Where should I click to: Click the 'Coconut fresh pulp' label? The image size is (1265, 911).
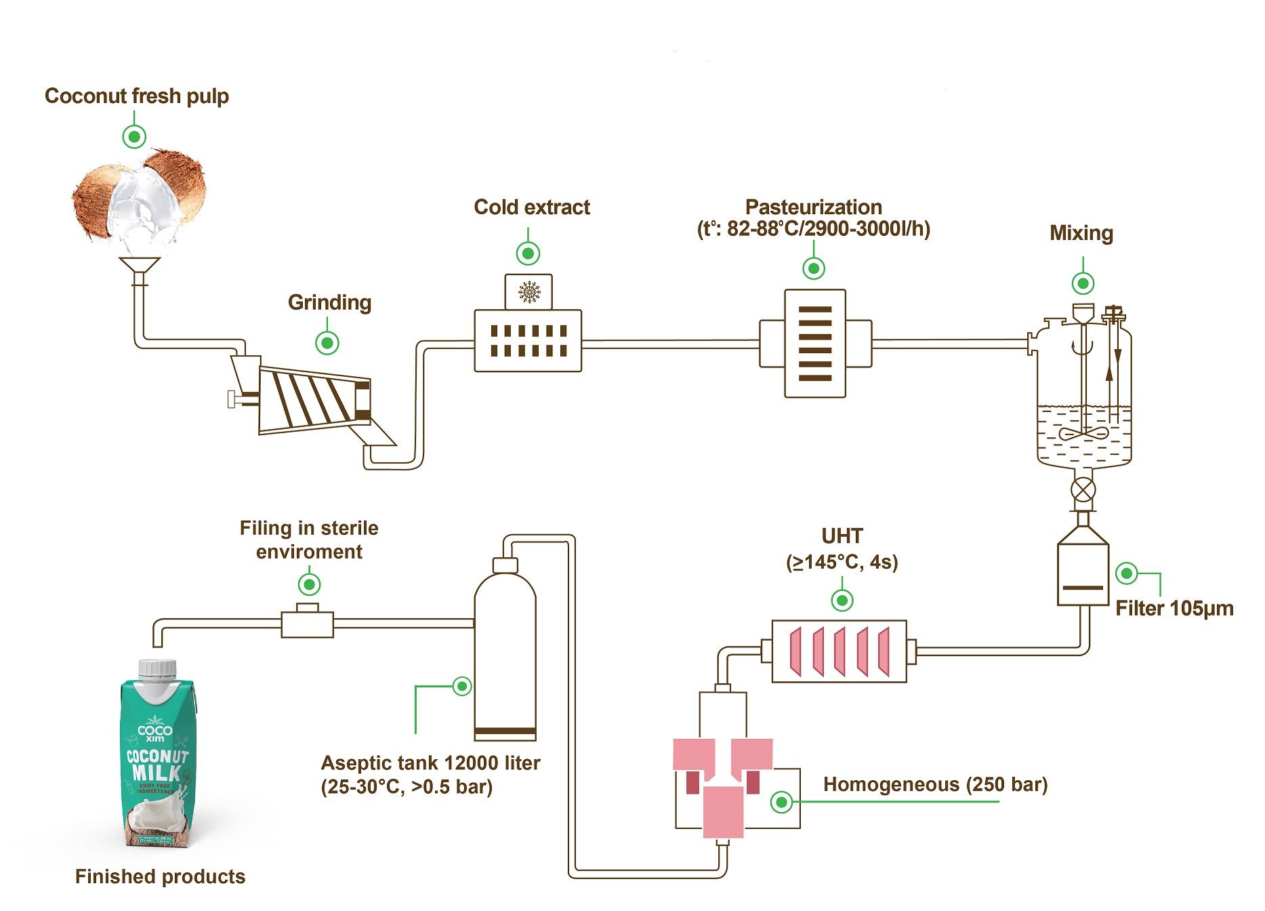(x=136, y=96)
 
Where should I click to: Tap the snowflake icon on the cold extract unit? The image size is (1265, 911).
(x=528, y=292)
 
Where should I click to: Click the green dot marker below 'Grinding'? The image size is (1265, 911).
(x=327, y=343)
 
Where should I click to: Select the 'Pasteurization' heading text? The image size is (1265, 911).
(x=813, y=207)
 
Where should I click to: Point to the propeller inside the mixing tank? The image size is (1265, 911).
(x=1083, y=433)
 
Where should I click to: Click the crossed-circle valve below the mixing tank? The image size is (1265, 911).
(x=1083, y=489)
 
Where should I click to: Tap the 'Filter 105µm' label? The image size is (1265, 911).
(x=1174, y=608)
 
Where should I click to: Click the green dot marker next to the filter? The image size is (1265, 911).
(x=1127, y=573)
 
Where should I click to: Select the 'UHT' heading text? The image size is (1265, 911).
(x=842, y=536)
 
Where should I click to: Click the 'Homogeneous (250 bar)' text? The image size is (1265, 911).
(x=935, y=784)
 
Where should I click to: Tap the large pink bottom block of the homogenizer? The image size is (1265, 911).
(x=723, y=812)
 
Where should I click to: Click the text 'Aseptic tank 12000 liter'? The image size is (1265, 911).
(x=430, y=763)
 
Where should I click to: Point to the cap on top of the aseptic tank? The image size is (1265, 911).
(x=505, y=565)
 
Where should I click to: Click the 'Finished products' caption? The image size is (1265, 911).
(x=160, y=876)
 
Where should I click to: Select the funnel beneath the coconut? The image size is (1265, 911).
(x=140, y=265)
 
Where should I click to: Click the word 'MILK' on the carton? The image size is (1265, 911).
(x=157, y=773)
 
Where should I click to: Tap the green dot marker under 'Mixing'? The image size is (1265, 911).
(x=1083, y=283)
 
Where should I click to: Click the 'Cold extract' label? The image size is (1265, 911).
(x=531, y=207)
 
